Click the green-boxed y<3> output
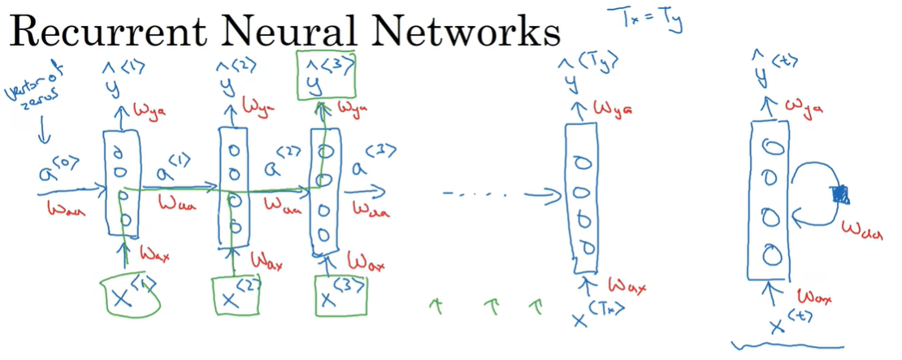(327, 74)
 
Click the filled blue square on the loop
(840, 193)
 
